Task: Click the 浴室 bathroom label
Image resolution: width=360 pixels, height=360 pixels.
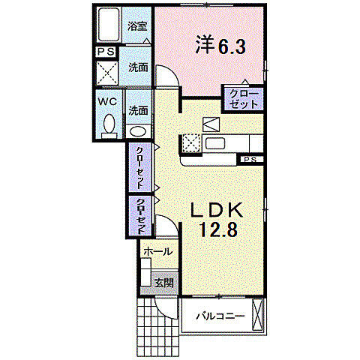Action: [x=137, y=26]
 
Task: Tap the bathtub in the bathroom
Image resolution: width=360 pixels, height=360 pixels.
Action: [x=108, y=25]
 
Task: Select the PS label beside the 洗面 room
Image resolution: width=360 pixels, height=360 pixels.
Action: [x=106, y=52]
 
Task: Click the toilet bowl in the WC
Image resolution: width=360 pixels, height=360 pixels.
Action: [x=109, y=124]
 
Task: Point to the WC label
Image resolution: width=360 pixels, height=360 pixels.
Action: [x=107, y=102]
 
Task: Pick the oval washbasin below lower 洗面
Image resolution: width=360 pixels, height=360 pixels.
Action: [x=138, y=131]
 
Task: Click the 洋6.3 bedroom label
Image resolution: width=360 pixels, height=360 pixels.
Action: [x=220, y=46]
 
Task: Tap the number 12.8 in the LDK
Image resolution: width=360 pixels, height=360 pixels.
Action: [x=218, y=230]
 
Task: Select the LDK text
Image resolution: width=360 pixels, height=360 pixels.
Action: [x=217, y=210]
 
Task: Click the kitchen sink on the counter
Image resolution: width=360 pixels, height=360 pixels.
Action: [x=215, y=144]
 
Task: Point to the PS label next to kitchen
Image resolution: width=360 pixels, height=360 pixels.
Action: [x=250, y=160]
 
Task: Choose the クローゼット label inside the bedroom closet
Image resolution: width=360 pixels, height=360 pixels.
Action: [x=244, y=99]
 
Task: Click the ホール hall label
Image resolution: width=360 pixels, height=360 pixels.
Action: [x=158, y=252]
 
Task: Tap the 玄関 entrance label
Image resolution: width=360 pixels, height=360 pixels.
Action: [x=163, y=283]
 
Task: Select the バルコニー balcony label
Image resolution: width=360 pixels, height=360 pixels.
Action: [x=220, y=316]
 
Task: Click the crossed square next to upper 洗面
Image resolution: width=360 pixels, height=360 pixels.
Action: [x=107, y=73]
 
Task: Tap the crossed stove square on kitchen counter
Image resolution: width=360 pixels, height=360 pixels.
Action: [x=191, y=143]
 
